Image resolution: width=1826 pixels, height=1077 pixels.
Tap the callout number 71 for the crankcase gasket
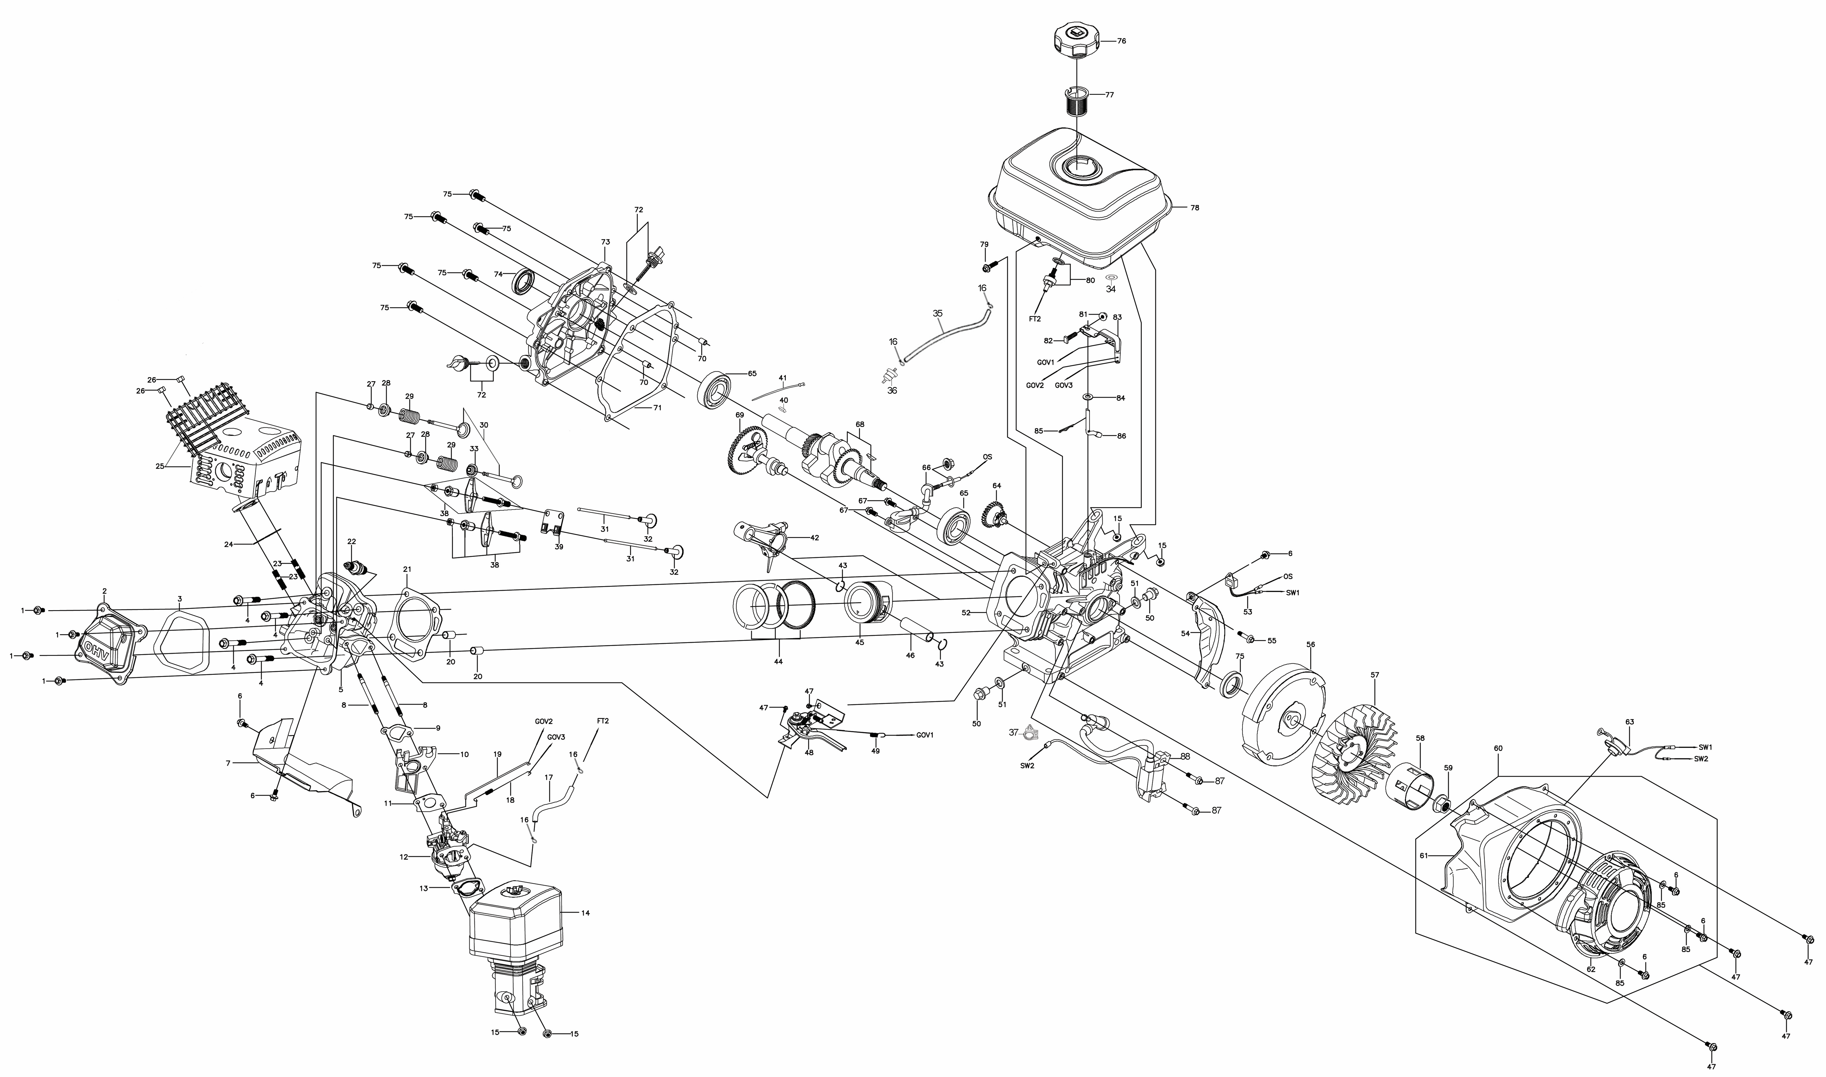pyautogui.click(x=657, y=408)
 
